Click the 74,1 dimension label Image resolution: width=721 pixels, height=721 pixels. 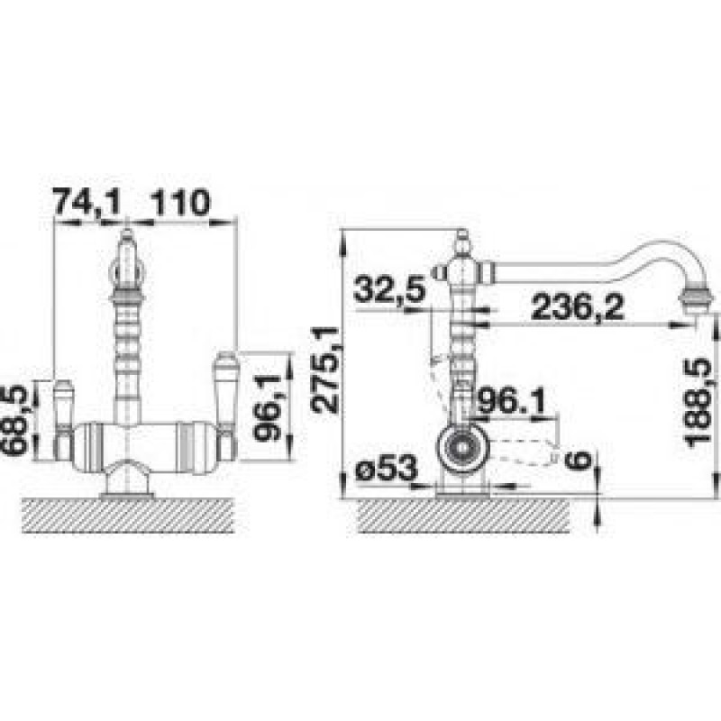(87, 202)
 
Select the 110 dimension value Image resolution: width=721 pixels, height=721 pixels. (179, 202)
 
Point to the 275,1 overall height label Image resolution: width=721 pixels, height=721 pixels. (324, 370)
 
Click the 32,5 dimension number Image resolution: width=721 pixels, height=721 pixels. (390, 288)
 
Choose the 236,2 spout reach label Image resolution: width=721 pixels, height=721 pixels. (578, 307)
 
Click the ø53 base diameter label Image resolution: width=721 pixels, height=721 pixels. (388, 469)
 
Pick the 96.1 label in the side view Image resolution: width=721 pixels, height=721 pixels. (511, 402)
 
